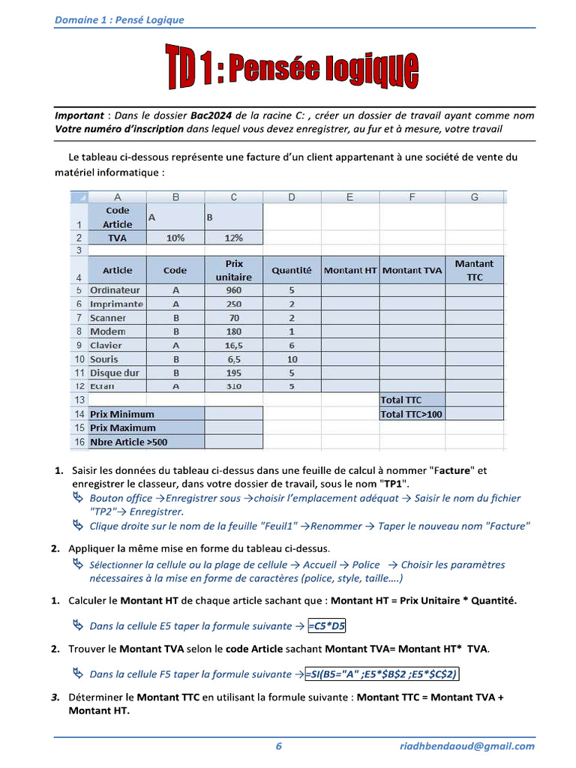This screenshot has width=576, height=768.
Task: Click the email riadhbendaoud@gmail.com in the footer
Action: pyautogui.click(x=466, y=745)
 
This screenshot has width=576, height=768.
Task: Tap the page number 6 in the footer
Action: pyautogui.click(x=279, y=745)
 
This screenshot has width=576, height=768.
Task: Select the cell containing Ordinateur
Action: pyautogui.click(x=115, y=290)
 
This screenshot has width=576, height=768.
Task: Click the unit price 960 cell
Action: pyautogui.click(x=234, y=290)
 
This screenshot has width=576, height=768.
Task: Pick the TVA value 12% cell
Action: pyautogui.click(x=234, y=238)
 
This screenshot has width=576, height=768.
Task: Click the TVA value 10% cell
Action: pyautogui.click(x=175, y=238)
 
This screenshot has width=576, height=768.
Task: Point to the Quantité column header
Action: pyautogui.click(x=292, y=270)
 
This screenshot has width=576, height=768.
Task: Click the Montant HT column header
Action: pyautogui.click(x=350, y=270)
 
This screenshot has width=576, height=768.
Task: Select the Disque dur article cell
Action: pyautogui.click(x=115, y=373)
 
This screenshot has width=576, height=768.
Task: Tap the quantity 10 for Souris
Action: pyautogui.click(x=292, y=359)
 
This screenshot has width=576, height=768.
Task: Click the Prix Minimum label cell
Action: pyautogui.click(x=123, y=414)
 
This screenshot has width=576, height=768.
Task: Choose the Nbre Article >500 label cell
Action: pyautogui.click(x=129, y=442)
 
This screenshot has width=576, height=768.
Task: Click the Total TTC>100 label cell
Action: pyautogui.click(x=412, y=414)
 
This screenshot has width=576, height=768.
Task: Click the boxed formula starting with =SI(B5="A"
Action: pyautogui.click(x=382, y=673)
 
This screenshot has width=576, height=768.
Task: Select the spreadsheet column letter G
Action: pyautogui.click(x=474, y=197)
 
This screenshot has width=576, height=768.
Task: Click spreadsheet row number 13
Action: pyautogui.click(x=79, y=400)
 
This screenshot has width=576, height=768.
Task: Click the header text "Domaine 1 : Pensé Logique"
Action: pyautogui.click(x=119, y=20)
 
